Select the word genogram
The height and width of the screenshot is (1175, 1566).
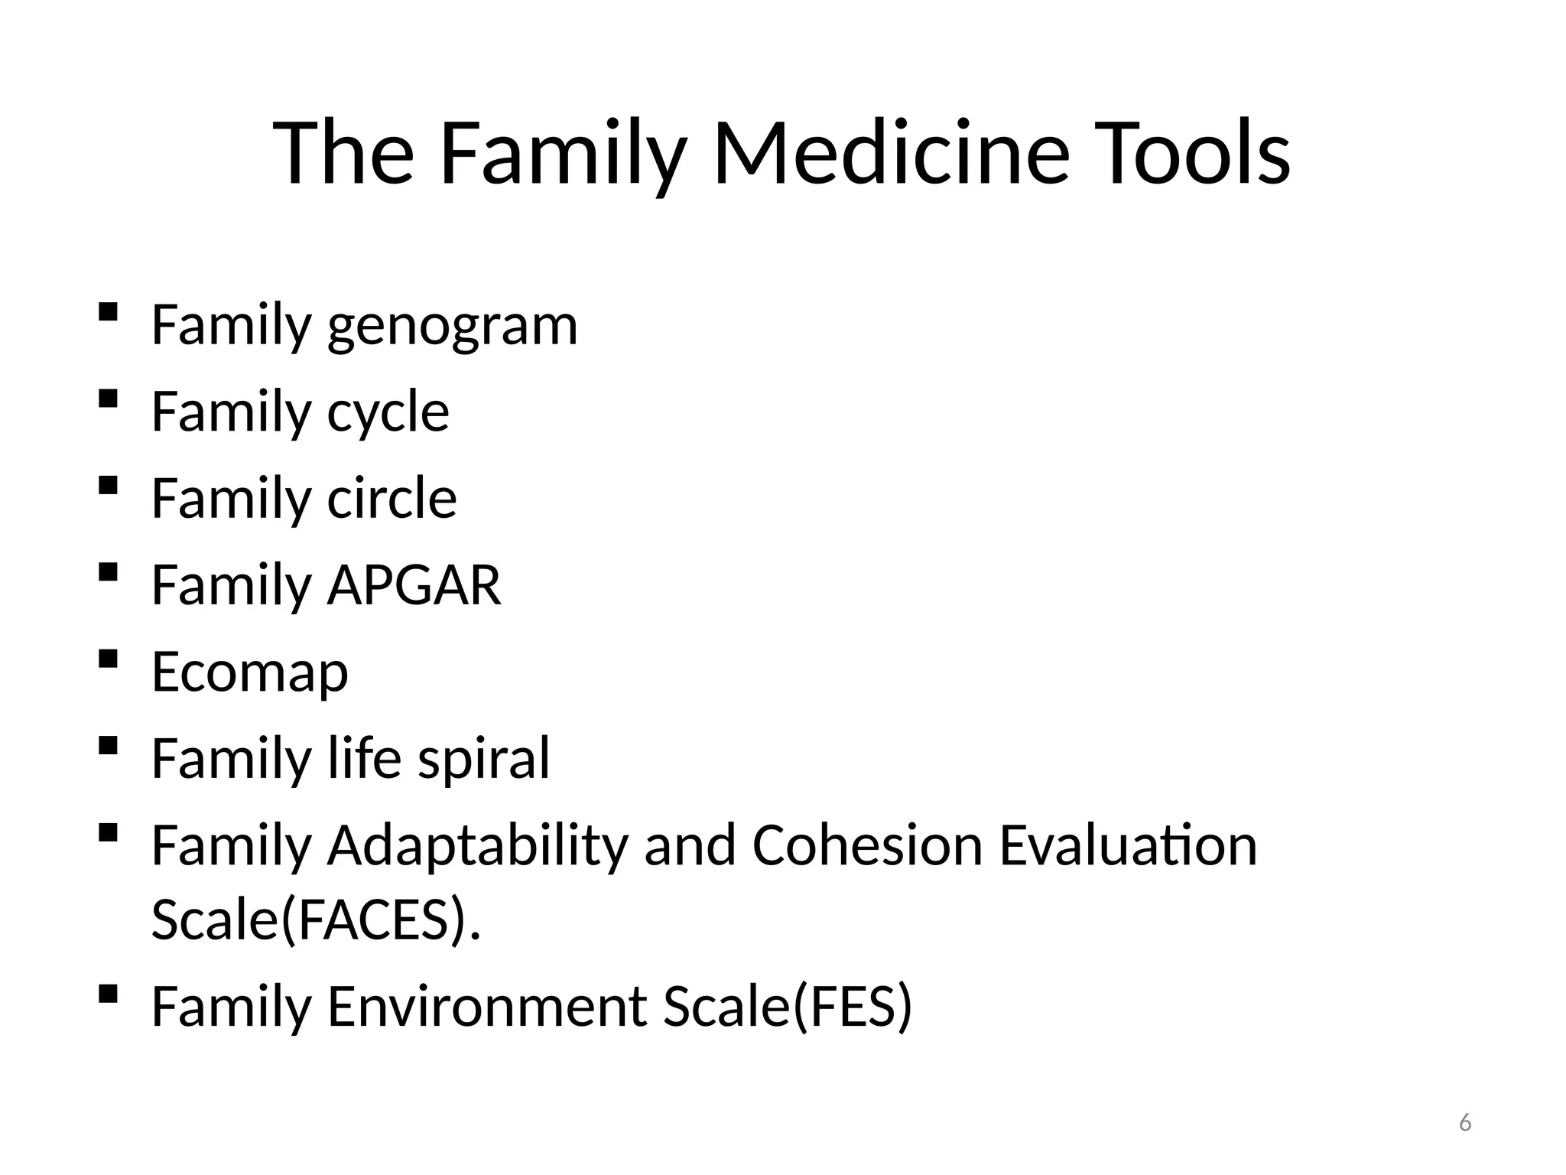(x=452, y=327)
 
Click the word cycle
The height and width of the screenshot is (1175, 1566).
(x=388, y=413)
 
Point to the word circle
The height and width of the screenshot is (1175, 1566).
(x=391, y=499)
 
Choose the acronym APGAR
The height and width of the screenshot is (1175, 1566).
(x=414, y=586)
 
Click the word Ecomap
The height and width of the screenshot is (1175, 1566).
(x=249, y=673)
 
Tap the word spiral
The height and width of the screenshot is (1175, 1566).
(x=483, y=759)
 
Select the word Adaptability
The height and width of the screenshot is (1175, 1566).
(x=477, y=847)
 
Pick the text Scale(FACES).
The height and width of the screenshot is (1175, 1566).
(x=316, y=919)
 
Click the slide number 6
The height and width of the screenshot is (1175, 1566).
(x=1464, y=1123)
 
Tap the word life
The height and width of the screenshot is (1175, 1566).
(x=364, y=759)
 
